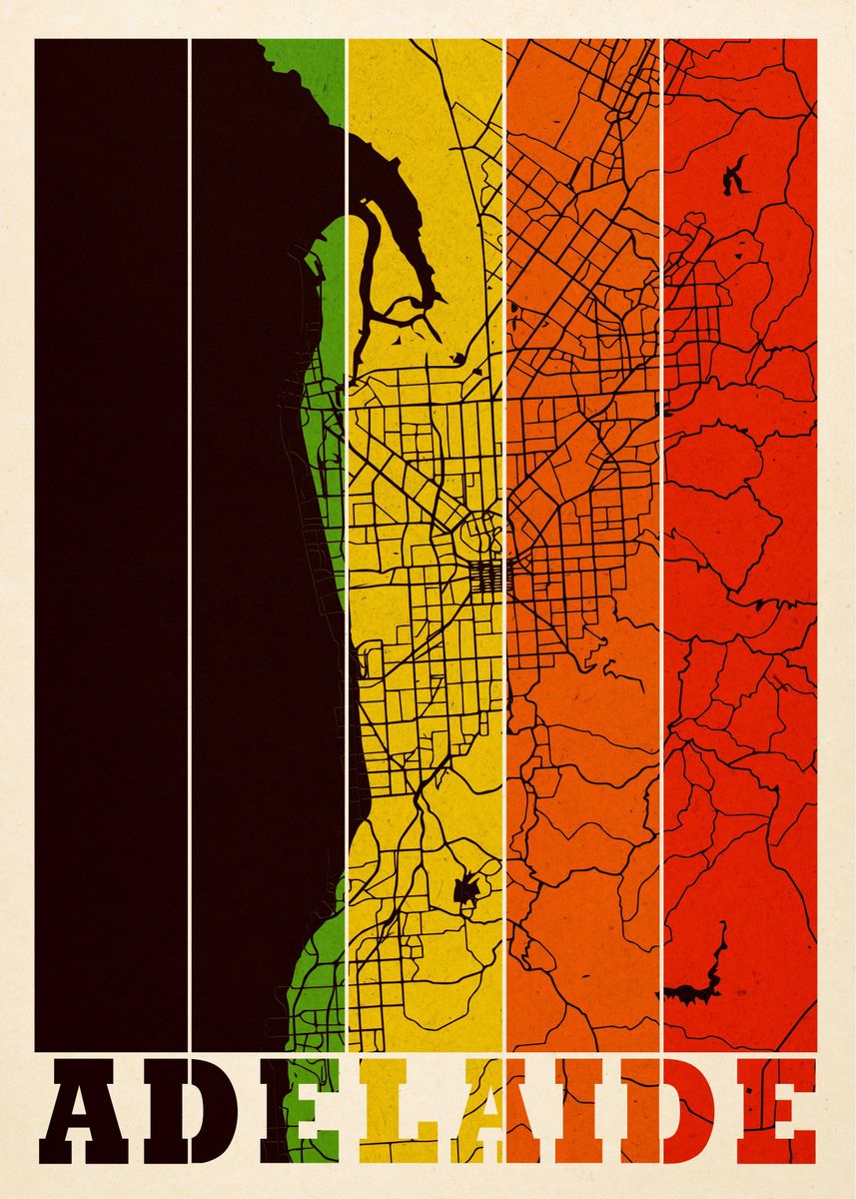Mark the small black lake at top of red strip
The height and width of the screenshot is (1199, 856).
736,177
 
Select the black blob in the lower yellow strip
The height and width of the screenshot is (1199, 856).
465,887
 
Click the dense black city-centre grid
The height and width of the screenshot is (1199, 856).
489,576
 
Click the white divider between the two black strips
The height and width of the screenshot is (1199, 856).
190,540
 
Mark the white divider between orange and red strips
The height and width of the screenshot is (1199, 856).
662,540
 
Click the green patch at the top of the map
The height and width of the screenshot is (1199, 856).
300,80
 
